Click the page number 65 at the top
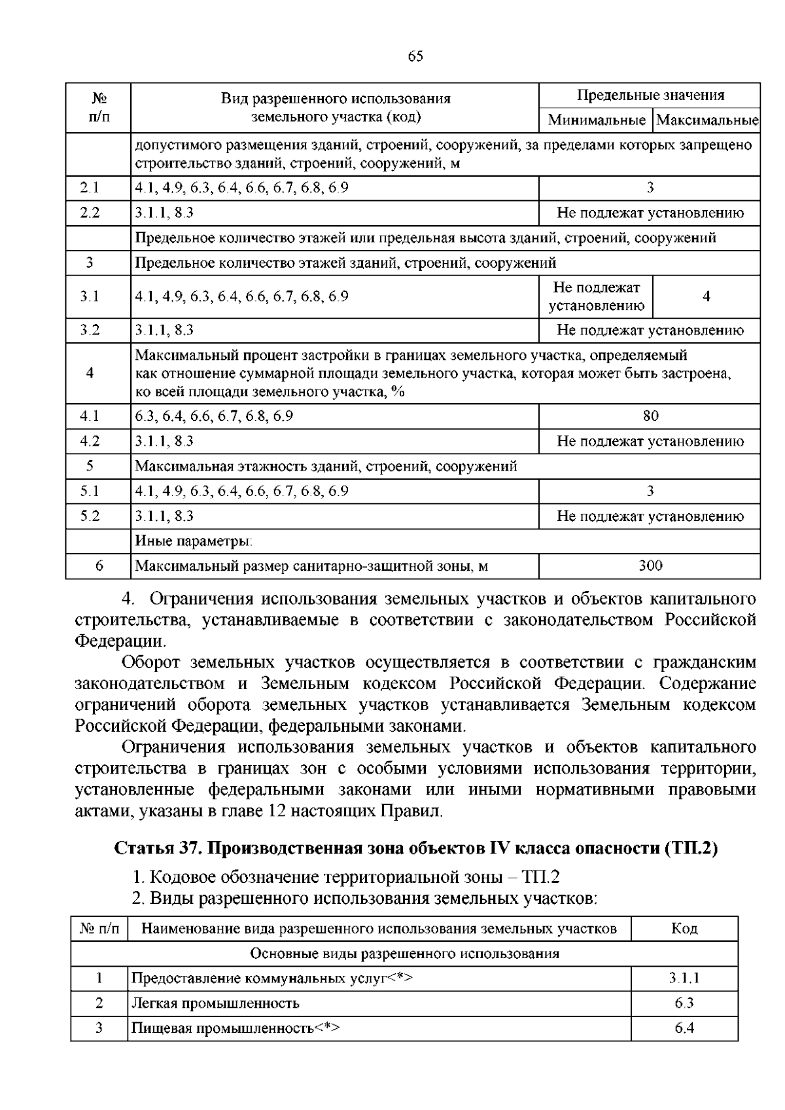[415, 56]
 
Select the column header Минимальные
[596, 120]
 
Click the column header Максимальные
[706, 120]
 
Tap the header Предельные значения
[650, 96]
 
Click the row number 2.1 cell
[90, 188]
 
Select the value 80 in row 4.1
[650, 416]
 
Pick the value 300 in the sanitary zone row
[650, 566]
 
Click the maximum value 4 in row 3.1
[706, 296]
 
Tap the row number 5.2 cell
[90, 516]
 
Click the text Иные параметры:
[194, 541]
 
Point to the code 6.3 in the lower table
[684, 1003]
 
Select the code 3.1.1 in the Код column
[684, 978]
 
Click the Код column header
[684, 929]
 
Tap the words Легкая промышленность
[215, 1003]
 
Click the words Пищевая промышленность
[222, 1028]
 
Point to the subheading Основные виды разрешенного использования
[405, 954]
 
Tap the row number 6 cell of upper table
[99, 566]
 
